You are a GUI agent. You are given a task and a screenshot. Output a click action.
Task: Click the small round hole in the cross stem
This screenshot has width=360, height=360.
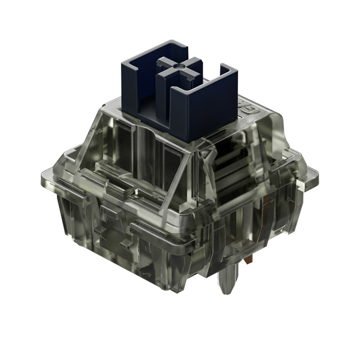(179, 66)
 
